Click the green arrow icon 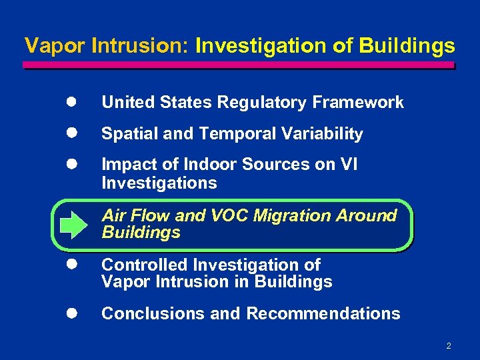click(x=69, y=225)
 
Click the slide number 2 click(x=449, y=345)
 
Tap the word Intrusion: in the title click(x=140, y=46)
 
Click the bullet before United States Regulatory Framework click(x=69, y=102)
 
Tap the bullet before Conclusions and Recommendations click(x=69, y=313)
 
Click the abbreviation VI click(x=349, y=164)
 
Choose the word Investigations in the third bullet click(x=159, y=183)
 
